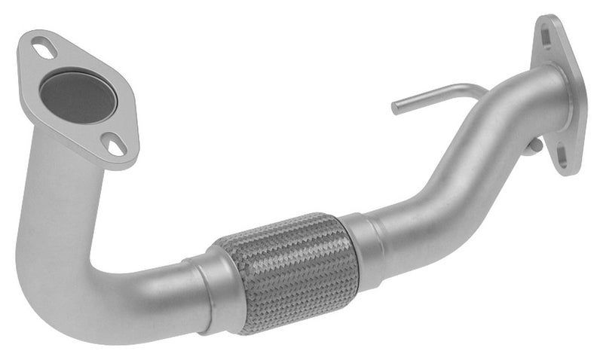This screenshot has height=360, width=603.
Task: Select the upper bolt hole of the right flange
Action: pos(546,31)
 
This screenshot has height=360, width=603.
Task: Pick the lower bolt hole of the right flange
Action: pos(562,158)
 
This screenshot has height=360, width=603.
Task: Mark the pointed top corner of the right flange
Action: pos(547,17)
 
